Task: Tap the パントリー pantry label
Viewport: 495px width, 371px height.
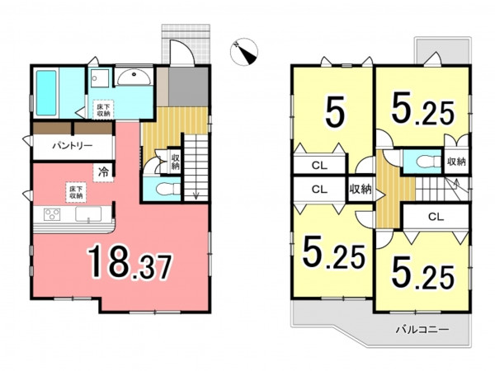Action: pyautogui.click(x=73, y=146)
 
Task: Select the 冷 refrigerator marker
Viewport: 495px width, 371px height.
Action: pyautogui.click(x=103, y=172)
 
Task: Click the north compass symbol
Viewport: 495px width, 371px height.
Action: pyautogui.click(x=244, y=52)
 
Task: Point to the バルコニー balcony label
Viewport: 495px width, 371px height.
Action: pyautogui.click(x=422, y=330)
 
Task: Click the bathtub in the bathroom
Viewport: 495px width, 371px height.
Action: pyautogui.click(x=46, y=92)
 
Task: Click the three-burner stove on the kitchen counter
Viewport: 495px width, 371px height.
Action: pyautogui.click(x=52, y=214)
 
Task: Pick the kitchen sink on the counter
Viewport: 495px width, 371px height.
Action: pyautogui.click(x=88, y=214)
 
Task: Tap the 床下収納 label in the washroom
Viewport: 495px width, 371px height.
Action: pyautogui.click(x=103, y=109)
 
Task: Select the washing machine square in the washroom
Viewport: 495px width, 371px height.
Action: pyautogui.click(x=100, y=78)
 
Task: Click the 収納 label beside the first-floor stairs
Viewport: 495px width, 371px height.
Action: pyautogui.click(x=175, y=161)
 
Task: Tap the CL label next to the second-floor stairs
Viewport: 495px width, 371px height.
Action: pyautogui.click(x=436, y=216)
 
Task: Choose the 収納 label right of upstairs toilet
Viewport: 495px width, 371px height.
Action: pyautogui.click(x=456, y=162)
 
